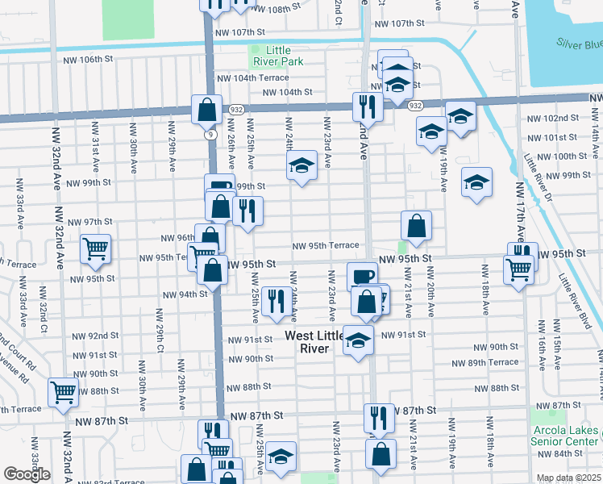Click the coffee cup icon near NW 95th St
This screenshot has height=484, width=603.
(x=362, y=276)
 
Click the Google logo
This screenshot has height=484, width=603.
(x=27, y=474)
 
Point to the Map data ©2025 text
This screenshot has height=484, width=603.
(x=568, y=478)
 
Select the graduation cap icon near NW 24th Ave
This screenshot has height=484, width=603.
(x=301, y=167)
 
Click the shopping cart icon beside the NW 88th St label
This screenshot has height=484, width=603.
(x=62, y=392)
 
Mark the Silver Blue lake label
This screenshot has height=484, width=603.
(x=578, y=44)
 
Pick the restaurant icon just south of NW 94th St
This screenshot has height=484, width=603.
(x=277, y=301)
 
